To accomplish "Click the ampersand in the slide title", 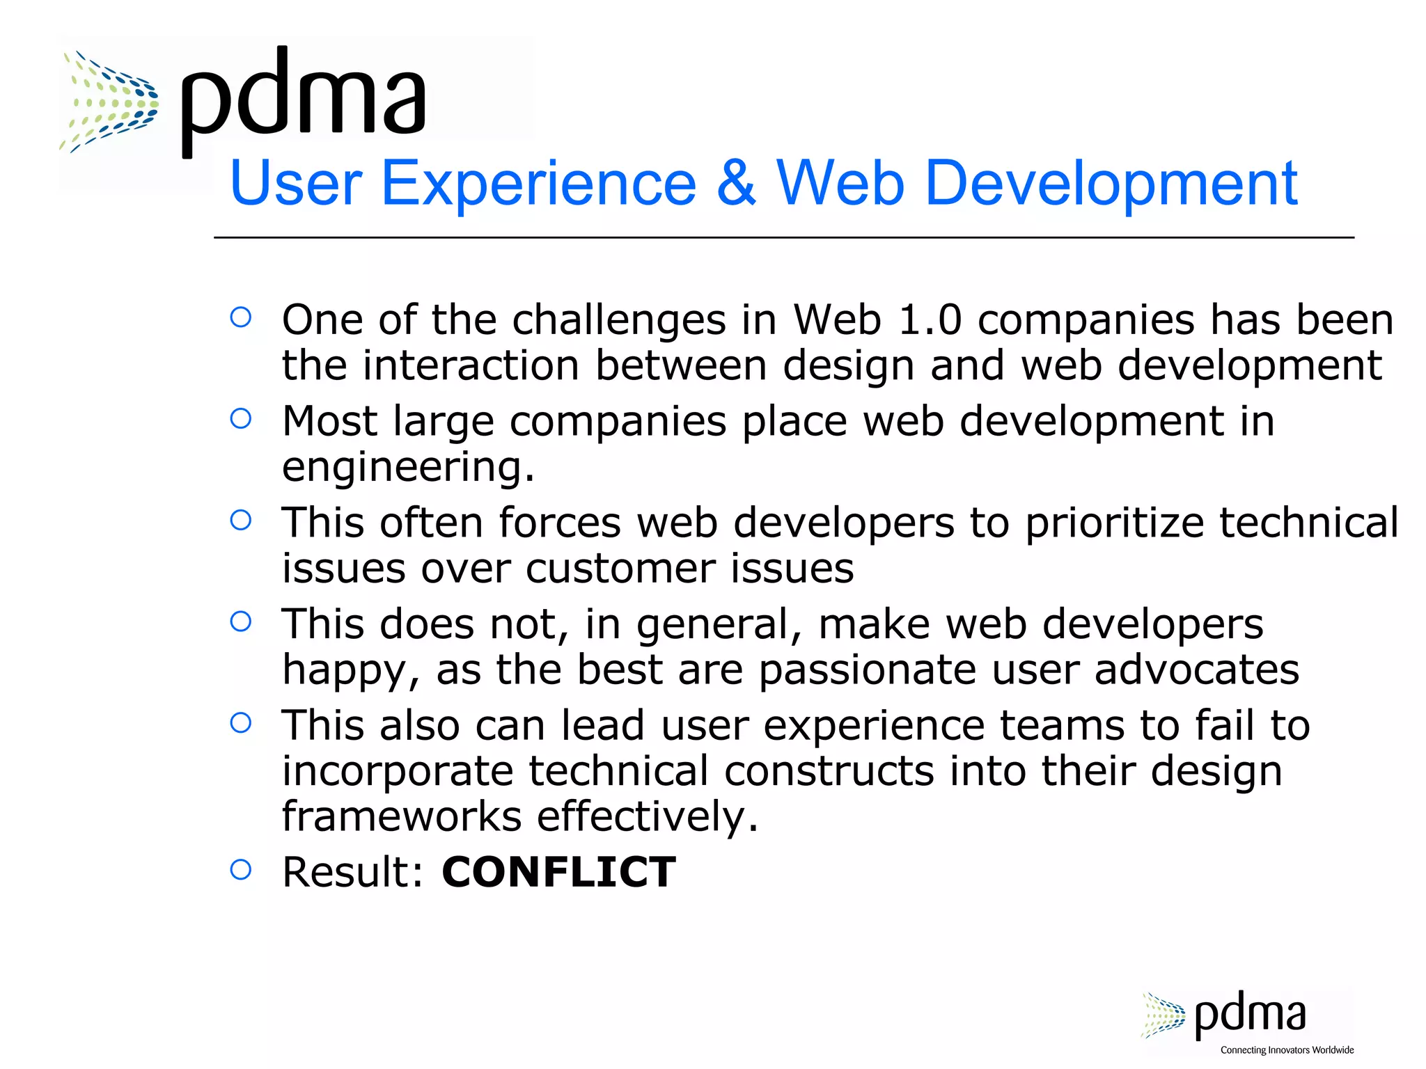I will click(736, 183).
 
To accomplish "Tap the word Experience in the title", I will click(539, 183).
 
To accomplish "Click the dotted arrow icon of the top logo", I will click(109, 102).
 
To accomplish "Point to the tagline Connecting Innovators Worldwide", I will click(1287, 1050).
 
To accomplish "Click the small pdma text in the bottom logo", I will click(1250, 1014).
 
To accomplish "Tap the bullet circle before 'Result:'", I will click(240, 869).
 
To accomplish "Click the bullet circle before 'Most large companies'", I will click(240, 418).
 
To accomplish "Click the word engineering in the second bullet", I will click(408, 467).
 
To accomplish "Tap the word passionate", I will click(867, 670).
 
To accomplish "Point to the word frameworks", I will click(401, 816).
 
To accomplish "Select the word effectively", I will click(647, 816).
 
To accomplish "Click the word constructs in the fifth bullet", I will click(829, 771).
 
